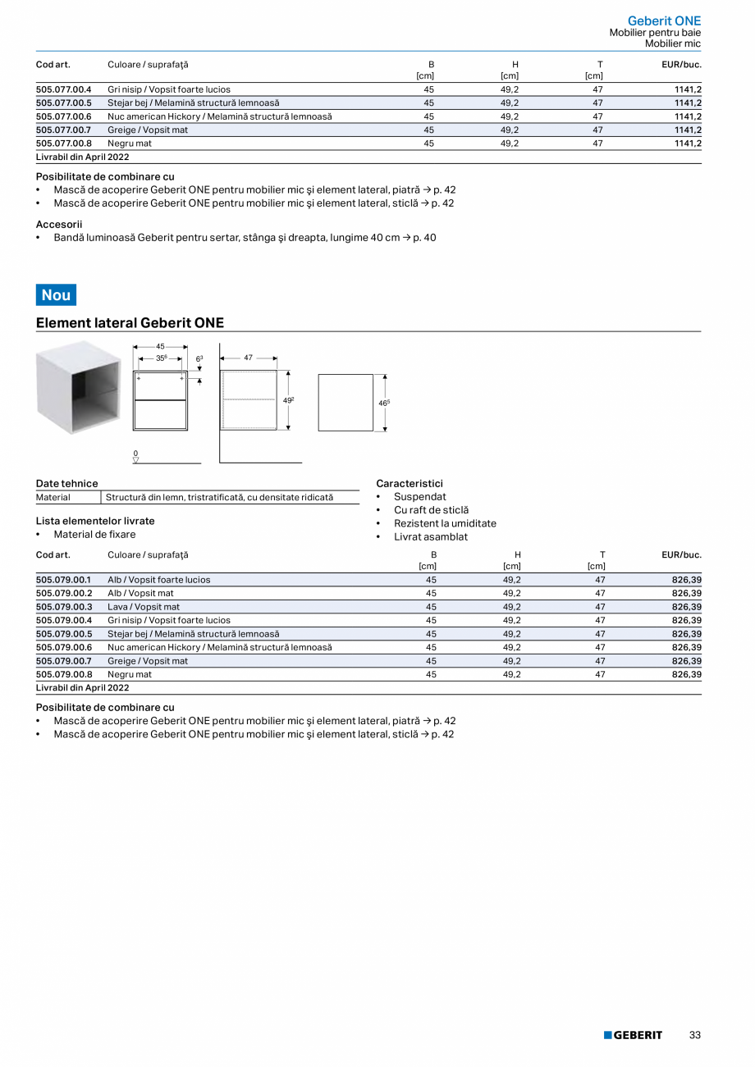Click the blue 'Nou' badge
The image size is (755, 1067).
click(56, 294)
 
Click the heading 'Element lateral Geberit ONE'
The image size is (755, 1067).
click(130, 323)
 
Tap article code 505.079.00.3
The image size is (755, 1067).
click(64, 607)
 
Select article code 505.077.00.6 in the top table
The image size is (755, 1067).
click(64, 116)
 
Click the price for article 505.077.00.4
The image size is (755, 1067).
click(688, 89)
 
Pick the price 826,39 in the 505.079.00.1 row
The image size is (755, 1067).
click(686, 580)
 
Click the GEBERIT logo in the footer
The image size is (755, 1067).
click(633, 1035)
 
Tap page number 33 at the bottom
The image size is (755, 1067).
click(694, 1035)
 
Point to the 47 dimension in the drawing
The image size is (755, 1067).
click(249, 358)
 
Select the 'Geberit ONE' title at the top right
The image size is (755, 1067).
click(664, 21)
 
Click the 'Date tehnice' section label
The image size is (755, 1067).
click(66, 484)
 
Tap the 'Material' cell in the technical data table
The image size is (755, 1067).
click(53, 498)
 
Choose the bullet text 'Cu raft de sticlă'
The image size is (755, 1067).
click(431, 510)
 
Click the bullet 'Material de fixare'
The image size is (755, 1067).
click(94, 535)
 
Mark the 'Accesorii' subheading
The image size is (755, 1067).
click(59, 224)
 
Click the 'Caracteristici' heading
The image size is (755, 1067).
click(409, 484)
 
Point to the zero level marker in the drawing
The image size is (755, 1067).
click(135, 456)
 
